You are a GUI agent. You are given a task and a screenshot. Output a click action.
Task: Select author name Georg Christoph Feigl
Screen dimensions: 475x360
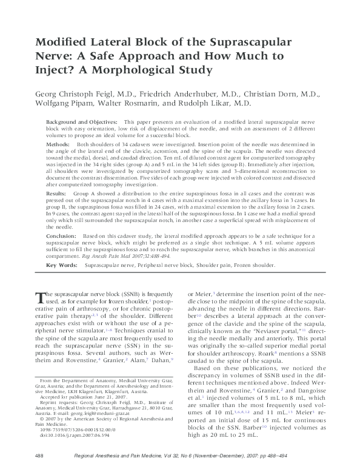[x=72, y=95]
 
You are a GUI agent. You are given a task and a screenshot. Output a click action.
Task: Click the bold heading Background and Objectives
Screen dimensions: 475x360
[x=81, y=122]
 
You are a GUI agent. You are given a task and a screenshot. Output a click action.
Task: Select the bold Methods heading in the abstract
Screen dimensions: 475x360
[x=58, y=145]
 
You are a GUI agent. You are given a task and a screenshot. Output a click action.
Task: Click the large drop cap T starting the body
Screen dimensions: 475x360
[x=41, y=297]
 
